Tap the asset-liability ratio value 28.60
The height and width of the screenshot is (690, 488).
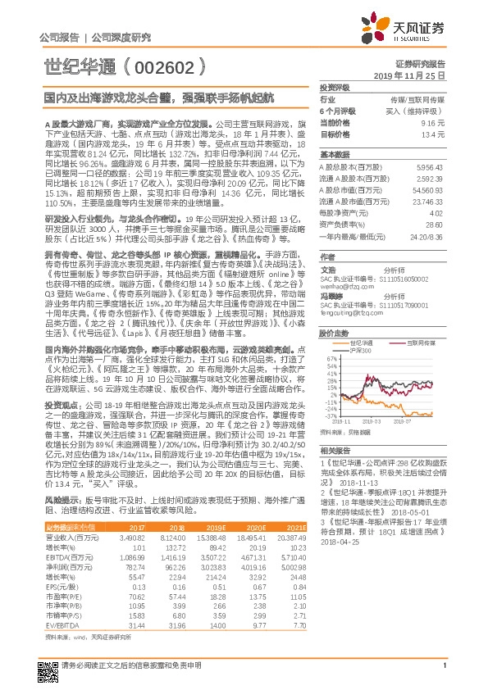(x=435, y=223)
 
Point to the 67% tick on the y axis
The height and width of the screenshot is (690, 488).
(x=330, y=359)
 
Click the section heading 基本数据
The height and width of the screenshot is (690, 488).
(x=334, y=154)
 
